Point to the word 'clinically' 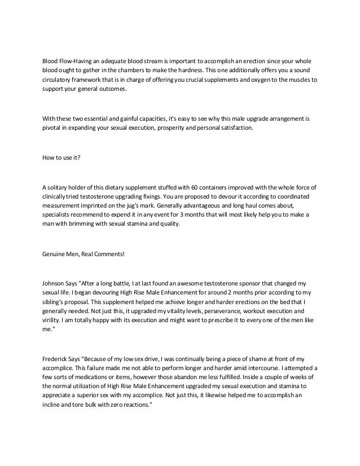(x=57, y=197)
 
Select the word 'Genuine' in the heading (x=55, y=255)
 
